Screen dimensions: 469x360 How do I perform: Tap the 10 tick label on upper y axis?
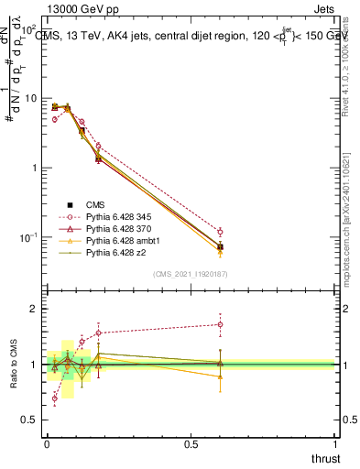pos(31,98)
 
